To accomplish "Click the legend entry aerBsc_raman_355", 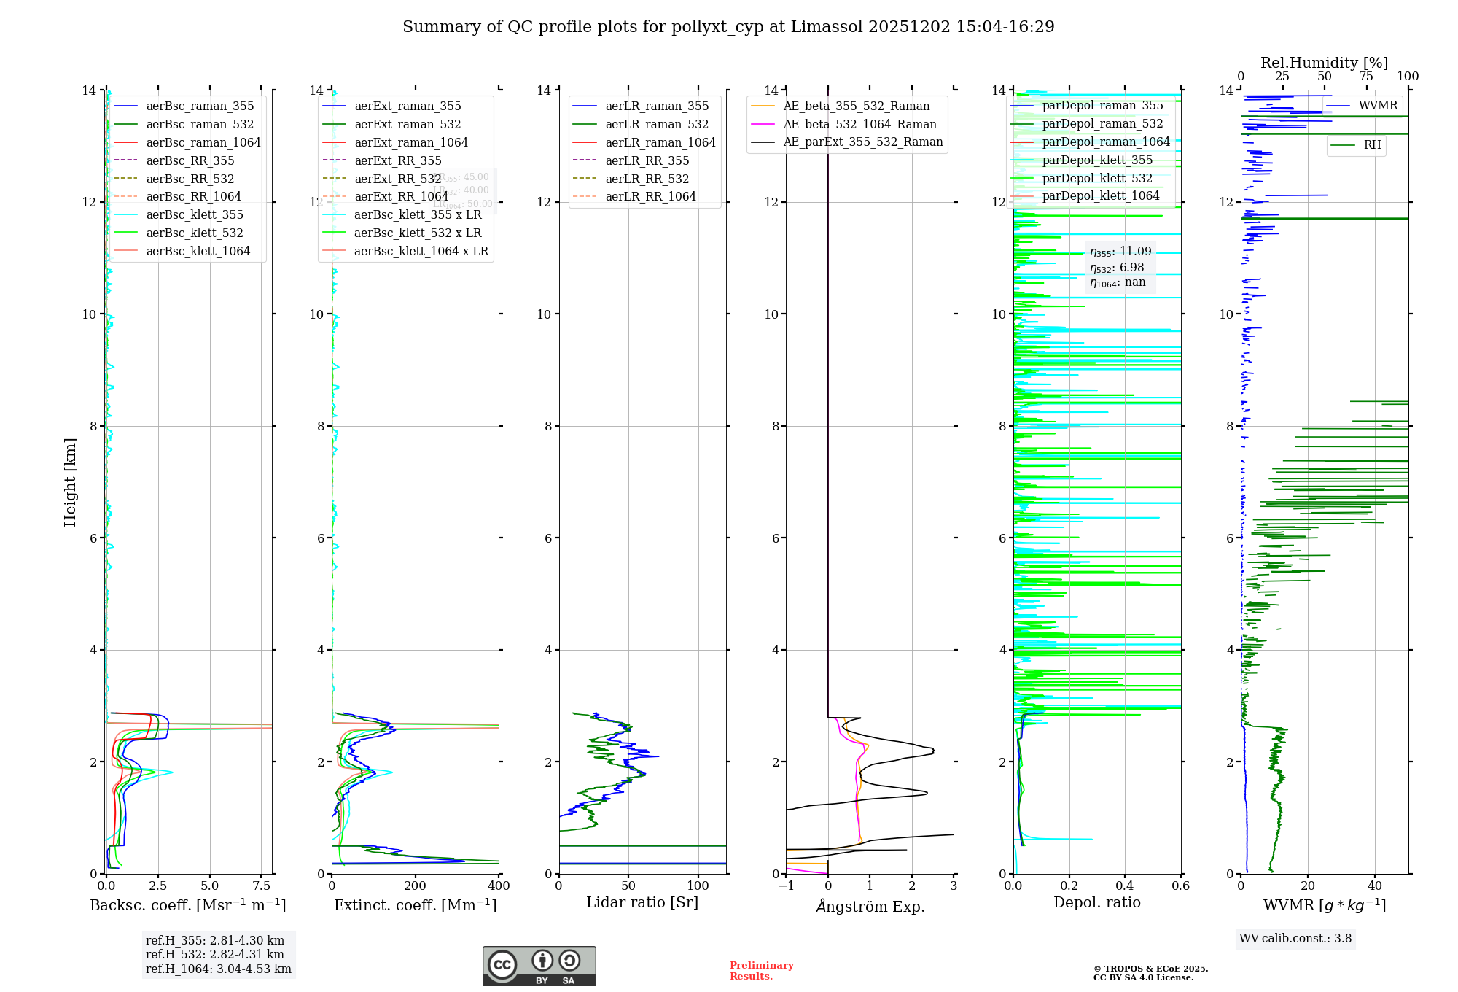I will pos(200,106).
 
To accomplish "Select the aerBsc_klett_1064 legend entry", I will pos(198,251).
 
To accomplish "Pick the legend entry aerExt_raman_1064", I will pos(411,142).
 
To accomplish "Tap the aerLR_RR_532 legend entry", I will pos(647,179).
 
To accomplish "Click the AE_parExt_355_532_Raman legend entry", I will pos(862,142).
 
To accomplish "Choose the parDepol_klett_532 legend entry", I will pos(1097,178).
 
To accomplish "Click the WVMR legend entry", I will pos(1378,106).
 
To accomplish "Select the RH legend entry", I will pos(1372,145).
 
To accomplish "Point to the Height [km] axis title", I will pos(70,482).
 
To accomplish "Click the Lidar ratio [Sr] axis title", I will pos(642,903).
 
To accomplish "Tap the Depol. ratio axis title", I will pos(1097,903).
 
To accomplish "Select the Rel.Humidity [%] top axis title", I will pos(1324,63).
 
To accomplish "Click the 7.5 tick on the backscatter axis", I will pos(262,886).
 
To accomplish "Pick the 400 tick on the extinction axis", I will pos(499,886).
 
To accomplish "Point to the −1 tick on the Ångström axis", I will pos(786,886).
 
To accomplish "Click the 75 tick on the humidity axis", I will pos(1366,77).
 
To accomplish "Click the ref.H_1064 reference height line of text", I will pos(219,969).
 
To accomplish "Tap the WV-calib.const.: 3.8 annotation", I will pos(1295,939).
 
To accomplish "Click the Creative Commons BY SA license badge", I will pos(539,966).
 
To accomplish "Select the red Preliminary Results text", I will pos(762,971).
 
